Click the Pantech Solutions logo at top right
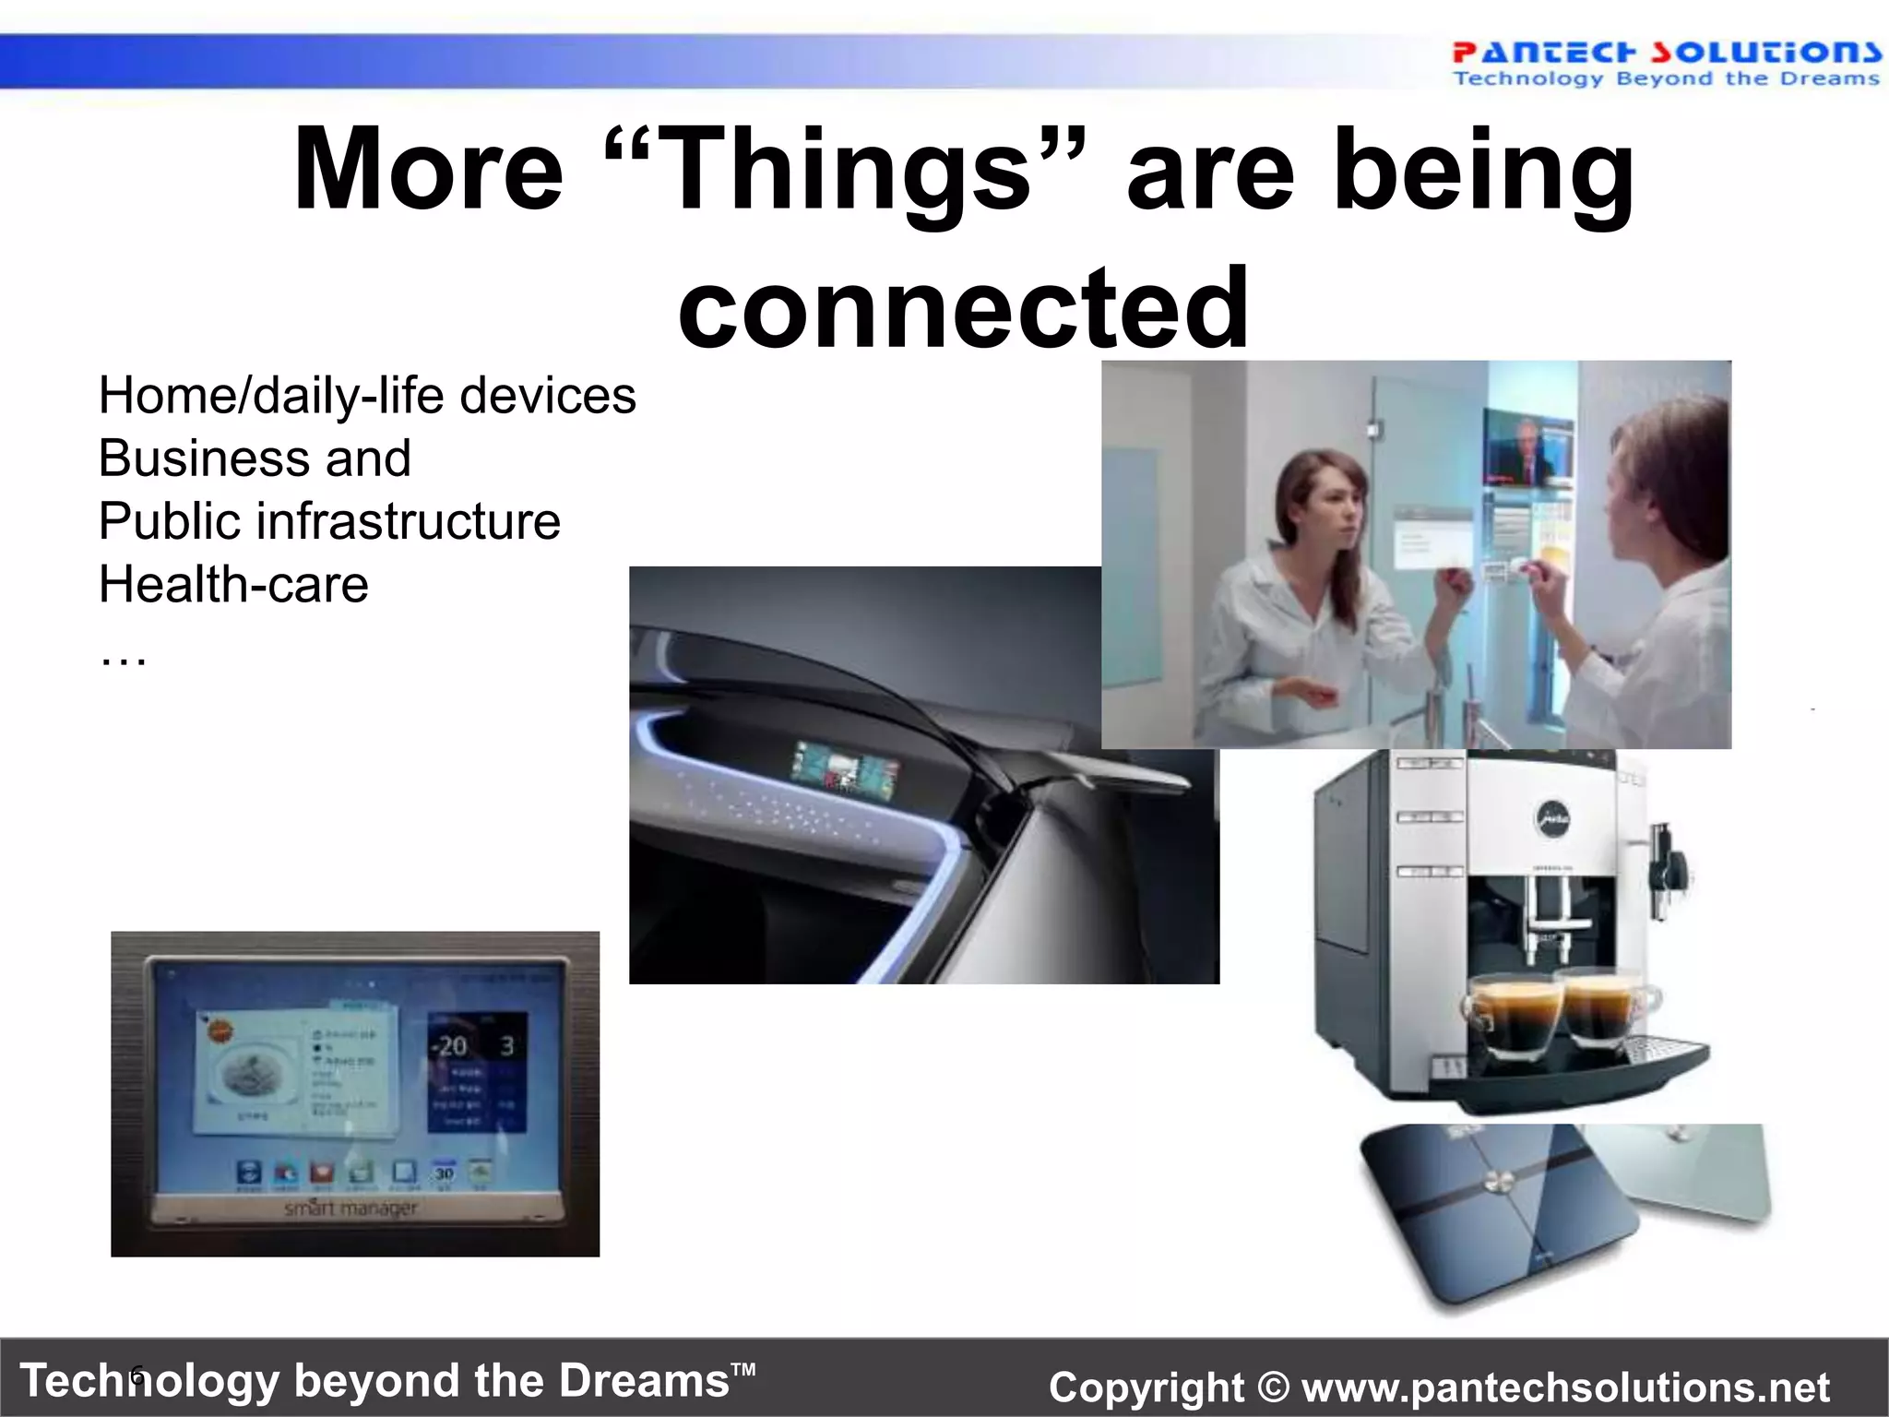[x=1666, y=63]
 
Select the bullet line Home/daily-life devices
[x=367, y=396]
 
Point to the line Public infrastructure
[x=329, y=521]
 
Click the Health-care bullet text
[x=233, y=584]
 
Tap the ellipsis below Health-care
[x=123, y=656]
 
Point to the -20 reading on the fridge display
[x=450, y=1046]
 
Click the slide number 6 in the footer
[x=137, y=1377]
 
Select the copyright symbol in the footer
[x=1273, y=1387]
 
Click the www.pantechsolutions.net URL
[x=1565, y=1387]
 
